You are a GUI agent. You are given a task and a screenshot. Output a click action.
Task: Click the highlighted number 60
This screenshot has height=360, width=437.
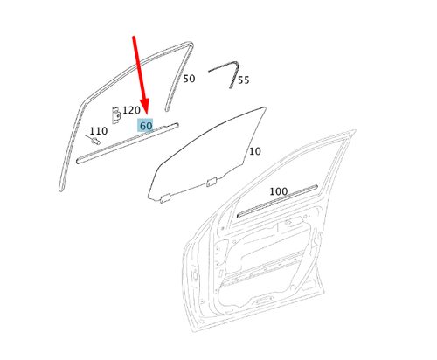[145, 126]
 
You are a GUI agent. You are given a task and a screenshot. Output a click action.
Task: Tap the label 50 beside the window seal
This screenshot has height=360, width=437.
[189, 79]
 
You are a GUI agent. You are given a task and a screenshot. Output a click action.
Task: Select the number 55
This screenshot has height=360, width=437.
[243, 80]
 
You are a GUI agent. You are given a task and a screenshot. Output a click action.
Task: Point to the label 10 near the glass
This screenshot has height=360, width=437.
[254, 151]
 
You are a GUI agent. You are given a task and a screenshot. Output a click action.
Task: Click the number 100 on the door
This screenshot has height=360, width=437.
[278, 191]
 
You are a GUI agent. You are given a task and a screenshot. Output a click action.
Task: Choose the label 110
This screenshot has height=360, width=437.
[99, 131]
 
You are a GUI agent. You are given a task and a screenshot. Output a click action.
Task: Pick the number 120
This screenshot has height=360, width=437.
[131, 110]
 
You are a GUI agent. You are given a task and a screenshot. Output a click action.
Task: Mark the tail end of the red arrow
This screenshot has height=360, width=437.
[133, 38]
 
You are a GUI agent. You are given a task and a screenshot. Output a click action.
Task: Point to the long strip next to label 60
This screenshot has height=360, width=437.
[122, 144]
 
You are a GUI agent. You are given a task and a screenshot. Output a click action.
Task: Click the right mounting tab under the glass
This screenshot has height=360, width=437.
[211, 182]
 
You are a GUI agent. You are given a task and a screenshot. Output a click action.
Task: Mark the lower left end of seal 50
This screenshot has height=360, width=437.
[63, 187]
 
